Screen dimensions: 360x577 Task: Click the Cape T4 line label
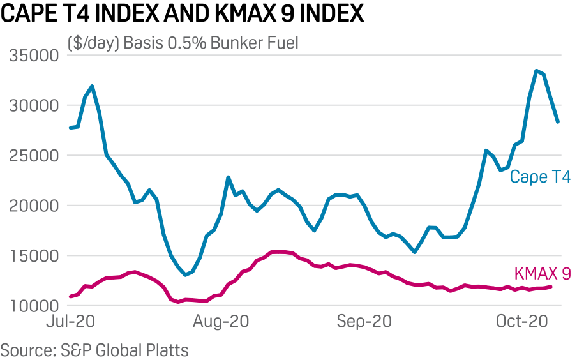pyautogui.click(x=539, y=177)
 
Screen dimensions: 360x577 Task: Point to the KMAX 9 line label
pyautogui.click(x=542, y=274)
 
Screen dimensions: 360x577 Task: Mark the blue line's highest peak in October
pyautogui.click(x=537, y=70)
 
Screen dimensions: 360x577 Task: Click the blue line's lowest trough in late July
pyautogui.click(x=185, y=275)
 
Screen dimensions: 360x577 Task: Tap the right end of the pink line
pyautogui.click(x=551, y=287)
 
